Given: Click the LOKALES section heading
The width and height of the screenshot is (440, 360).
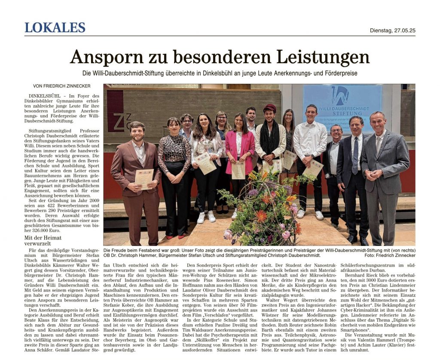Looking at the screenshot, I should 55,28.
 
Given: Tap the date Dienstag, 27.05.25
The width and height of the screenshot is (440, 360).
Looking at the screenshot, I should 392,31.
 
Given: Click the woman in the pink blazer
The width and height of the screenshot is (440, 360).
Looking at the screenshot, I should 239,151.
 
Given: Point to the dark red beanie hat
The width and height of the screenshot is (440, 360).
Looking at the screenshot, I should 269,108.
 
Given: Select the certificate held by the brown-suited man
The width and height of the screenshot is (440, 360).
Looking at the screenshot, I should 144,178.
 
